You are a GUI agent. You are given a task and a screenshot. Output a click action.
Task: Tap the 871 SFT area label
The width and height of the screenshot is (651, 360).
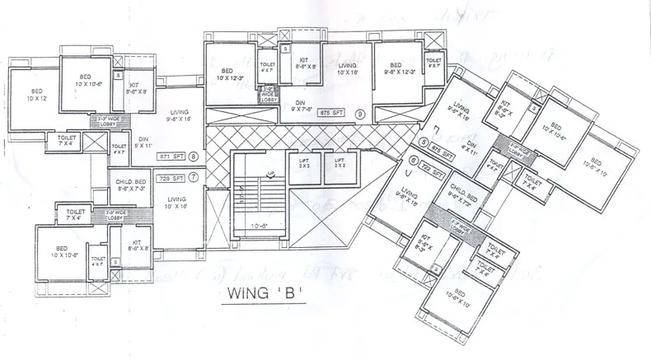[171, 155]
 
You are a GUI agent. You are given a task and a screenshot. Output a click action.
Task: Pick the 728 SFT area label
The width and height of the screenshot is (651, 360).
[171, 177]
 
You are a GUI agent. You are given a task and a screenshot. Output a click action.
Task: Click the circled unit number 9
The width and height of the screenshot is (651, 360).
[359, 114]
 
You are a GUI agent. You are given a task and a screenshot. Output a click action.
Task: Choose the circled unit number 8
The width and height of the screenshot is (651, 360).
[194, 155]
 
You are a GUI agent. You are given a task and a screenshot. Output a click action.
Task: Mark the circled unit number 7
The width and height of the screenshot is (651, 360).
[194, 177]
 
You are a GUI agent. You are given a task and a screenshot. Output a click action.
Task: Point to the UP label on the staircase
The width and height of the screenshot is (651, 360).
[270, 175]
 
